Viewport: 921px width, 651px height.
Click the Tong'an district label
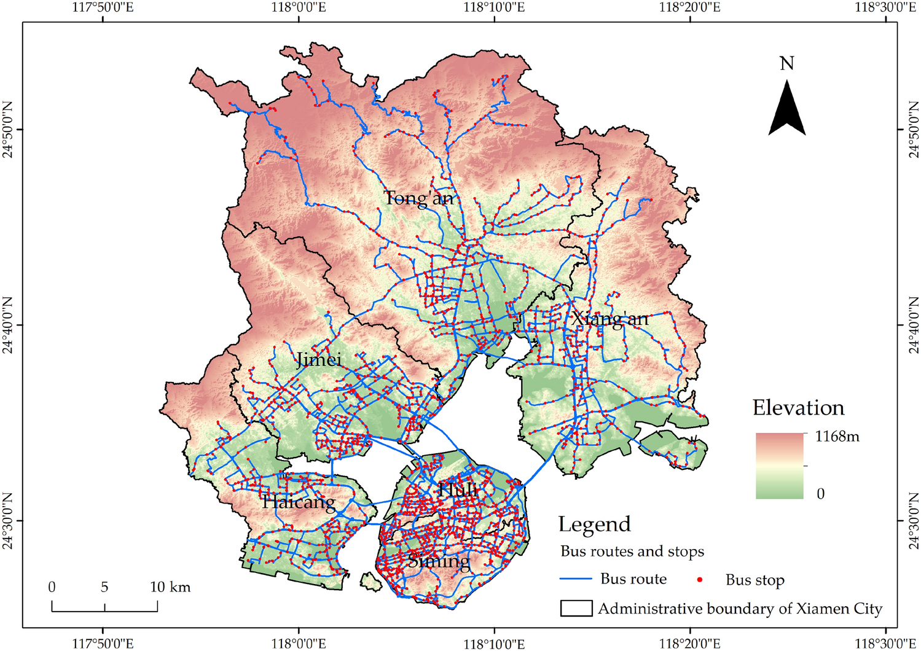[419, 198]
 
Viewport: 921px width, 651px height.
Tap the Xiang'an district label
[609, 319]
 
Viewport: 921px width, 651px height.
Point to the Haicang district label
[299, 502]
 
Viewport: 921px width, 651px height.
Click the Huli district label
[458, 489]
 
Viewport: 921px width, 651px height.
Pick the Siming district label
[439, 561]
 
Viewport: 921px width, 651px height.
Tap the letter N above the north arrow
[787, 64]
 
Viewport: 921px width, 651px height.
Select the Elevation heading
[798, 408]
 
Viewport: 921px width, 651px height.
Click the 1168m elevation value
[837, 437]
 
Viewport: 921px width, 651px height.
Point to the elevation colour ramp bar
[780, 465]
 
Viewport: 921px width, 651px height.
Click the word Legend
[594, 524]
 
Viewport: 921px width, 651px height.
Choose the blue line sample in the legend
[576, 579]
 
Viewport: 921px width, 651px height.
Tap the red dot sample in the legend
[700, 580]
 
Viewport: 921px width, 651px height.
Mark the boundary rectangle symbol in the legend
[576, 608]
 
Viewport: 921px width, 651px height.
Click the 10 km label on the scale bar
[170, 587]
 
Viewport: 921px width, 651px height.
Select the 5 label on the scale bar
[104, 587]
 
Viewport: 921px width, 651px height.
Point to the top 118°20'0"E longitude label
[690, 8]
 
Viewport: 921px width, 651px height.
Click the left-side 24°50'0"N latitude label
[9, 130]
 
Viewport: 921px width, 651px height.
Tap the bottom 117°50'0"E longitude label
[103, 643]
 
